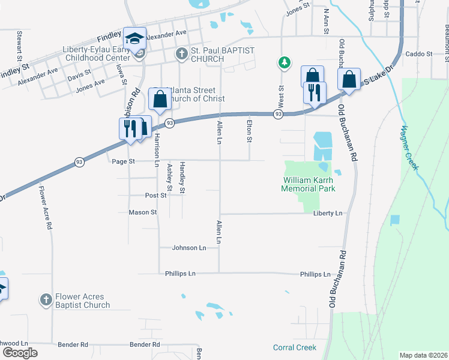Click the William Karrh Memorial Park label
pos(308,184)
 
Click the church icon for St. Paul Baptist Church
pos(182,55)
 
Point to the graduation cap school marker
pos(135,38)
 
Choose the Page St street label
pos(123,161)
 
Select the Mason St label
pos(143,212)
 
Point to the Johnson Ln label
pos(189,247)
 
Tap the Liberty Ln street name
pos(327,213)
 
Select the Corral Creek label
pos(295,347)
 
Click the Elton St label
pos(249,131)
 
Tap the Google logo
pos(20,353)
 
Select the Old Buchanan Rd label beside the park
pos(351,132)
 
